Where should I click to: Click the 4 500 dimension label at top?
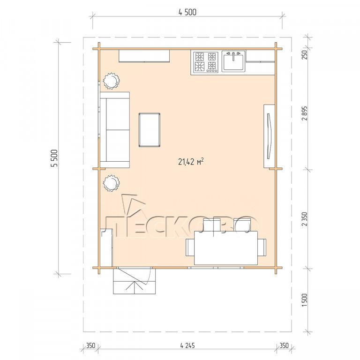pos(187,12)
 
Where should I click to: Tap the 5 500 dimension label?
pos(55,158)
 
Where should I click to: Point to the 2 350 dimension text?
pos(305,219)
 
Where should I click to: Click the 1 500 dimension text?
pos(305,300)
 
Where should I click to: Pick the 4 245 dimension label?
pos(187,345)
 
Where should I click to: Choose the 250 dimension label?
pos(305,55)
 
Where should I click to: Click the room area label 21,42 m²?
pos(191,162)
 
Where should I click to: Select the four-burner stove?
pos(205,62)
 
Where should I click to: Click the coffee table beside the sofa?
pos(150,130)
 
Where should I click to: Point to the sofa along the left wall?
pos(115,130)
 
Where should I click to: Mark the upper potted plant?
pos(112,81)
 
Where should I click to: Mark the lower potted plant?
pos(112,183)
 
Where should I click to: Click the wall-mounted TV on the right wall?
pos(270,136)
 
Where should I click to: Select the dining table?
pos(226,248)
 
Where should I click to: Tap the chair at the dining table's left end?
pos(190,247)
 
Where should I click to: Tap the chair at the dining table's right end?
pos(262,247)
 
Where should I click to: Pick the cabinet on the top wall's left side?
pos(144,56)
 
